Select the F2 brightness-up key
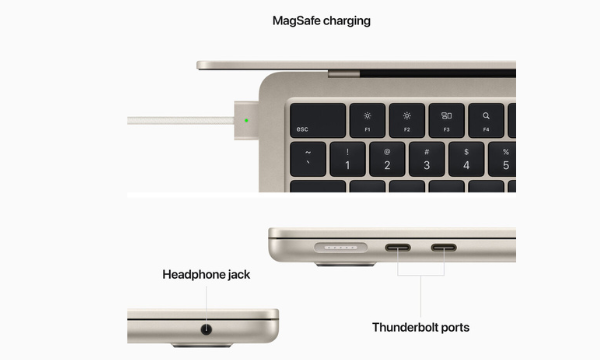tap(407, 121)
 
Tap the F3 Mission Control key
tap(446, 121)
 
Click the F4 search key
tap(486, 121)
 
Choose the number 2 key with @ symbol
tap(386, 158)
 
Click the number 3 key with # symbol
tap(426, 158)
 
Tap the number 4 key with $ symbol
tap(466, 158)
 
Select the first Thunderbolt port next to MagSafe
tap(399, 248)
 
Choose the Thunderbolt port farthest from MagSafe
tap(443, 248)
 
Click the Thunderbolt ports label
tap(421, 327)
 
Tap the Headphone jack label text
tap(207, 273)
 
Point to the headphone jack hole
tap(207, 328)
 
